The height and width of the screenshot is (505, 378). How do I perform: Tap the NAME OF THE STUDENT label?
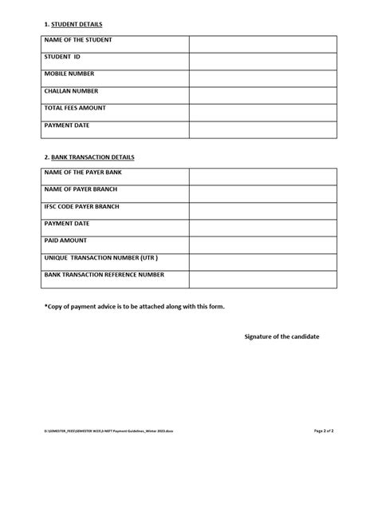78,40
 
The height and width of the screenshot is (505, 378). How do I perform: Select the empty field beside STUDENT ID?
262,61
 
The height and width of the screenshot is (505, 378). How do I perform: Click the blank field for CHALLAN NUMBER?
262,95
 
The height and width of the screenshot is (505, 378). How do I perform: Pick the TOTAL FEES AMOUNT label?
75,108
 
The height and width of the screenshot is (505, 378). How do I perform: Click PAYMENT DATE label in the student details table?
67,125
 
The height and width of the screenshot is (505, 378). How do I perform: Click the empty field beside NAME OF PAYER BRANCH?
262,193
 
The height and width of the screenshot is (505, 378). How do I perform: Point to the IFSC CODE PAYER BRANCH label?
82,206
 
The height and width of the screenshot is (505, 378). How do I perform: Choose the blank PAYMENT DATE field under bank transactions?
262,228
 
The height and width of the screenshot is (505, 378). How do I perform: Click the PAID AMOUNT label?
66,240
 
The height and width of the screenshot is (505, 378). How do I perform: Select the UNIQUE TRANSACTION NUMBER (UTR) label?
101,258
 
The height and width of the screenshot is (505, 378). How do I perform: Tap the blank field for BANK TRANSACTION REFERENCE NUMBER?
262,279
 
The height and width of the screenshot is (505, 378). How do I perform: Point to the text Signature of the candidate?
282,336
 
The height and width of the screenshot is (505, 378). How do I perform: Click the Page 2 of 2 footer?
324,431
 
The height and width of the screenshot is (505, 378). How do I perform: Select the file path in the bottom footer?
108,431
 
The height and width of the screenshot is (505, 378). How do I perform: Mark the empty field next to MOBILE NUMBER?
262,78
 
